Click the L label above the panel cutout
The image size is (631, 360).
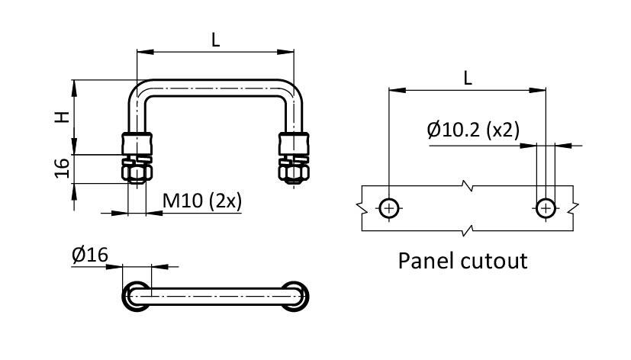[x=468, y=77]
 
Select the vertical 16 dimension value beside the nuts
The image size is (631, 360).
[x=63, y=169]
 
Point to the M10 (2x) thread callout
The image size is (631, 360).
[x=202, y=201]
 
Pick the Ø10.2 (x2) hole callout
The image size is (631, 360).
[x=473, y=130]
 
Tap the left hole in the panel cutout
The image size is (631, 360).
[x=389, y=207]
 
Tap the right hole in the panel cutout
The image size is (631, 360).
[x=546, y=207]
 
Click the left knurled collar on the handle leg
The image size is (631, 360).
[x=137, y=143]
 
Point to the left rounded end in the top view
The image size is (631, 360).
[x=137, y=295]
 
